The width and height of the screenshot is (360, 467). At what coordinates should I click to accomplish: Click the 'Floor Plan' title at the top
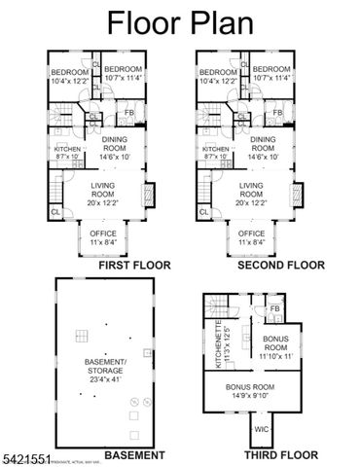(179, 21)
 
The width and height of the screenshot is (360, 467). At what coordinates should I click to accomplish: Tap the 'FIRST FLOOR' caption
(107, 264)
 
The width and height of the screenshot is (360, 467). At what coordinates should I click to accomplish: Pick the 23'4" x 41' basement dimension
(106, 378)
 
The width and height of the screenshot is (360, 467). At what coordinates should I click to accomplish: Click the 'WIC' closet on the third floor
(262, 427)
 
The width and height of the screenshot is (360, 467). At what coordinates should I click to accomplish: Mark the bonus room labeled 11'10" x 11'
(275, 347)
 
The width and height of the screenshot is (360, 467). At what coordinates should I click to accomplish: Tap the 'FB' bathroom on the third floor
(275, 309)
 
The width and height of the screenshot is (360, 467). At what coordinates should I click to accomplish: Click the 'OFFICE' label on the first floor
(104, 233)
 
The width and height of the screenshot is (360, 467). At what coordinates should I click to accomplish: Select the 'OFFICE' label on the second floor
(251, 233)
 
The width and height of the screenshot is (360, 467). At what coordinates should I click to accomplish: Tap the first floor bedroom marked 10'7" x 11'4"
(124, 74)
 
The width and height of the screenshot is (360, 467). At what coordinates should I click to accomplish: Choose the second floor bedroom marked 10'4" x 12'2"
(217, 76)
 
